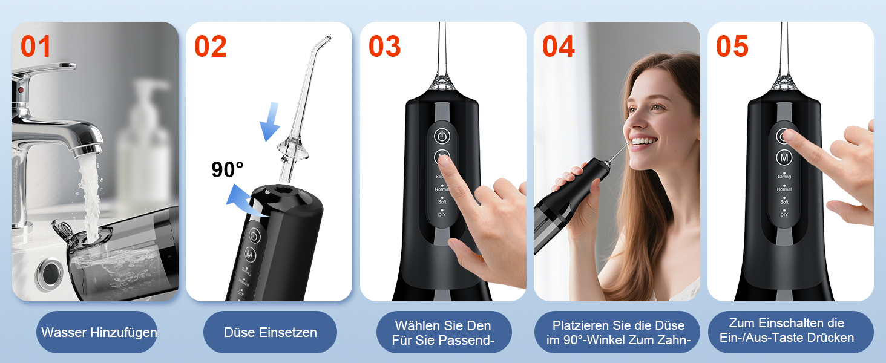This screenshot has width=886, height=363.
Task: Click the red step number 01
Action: [36, 47]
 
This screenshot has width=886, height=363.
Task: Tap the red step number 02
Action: [211, 47]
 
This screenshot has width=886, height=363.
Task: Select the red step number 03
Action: [384, 47]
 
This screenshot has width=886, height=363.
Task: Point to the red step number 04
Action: [558, 47]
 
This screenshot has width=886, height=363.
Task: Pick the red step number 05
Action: [732, 47]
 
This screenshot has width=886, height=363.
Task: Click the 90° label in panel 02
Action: [227, 169]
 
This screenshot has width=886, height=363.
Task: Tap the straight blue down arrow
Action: [271, 122]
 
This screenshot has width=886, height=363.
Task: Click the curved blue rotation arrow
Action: [245, 201]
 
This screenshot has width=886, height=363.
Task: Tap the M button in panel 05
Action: [784, 158]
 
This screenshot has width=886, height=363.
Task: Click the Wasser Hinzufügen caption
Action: [99, 332]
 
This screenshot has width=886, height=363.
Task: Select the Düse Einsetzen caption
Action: [271, 332]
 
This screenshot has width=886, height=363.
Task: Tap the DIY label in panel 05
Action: [784, 215]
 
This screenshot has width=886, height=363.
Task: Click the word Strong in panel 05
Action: [784, 177]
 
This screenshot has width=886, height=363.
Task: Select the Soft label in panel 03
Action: [442, 202]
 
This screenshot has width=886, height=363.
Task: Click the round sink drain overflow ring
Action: [49, 273]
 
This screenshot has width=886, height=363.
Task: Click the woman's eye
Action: [657, 106]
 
